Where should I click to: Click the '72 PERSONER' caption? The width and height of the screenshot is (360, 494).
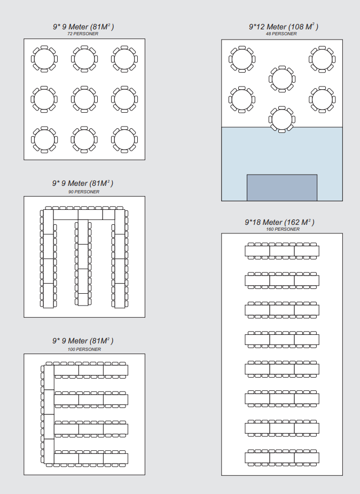83,34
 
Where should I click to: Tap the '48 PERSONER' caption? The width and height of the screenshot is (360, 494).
281,34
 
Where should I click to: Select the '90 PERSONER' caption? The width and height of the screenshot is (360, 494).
84,192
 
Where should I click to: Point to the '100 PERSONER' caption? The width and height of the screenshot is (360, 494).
84,349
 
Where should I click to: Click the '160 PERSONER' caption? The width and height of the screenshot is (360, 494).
283,229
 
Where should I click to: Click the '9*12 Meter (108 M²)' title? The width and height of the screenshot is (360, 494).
284,27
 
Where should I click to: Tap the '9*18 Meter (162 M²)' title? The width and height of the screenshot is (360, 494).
280,222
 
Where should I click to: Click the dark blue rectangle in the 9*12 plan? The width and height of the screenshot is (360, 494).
282,187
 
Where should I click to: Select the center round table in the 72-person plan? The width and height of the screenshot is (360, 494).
84,99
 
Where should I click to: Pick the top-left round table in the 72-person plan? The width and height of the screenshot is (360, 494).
44,59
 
